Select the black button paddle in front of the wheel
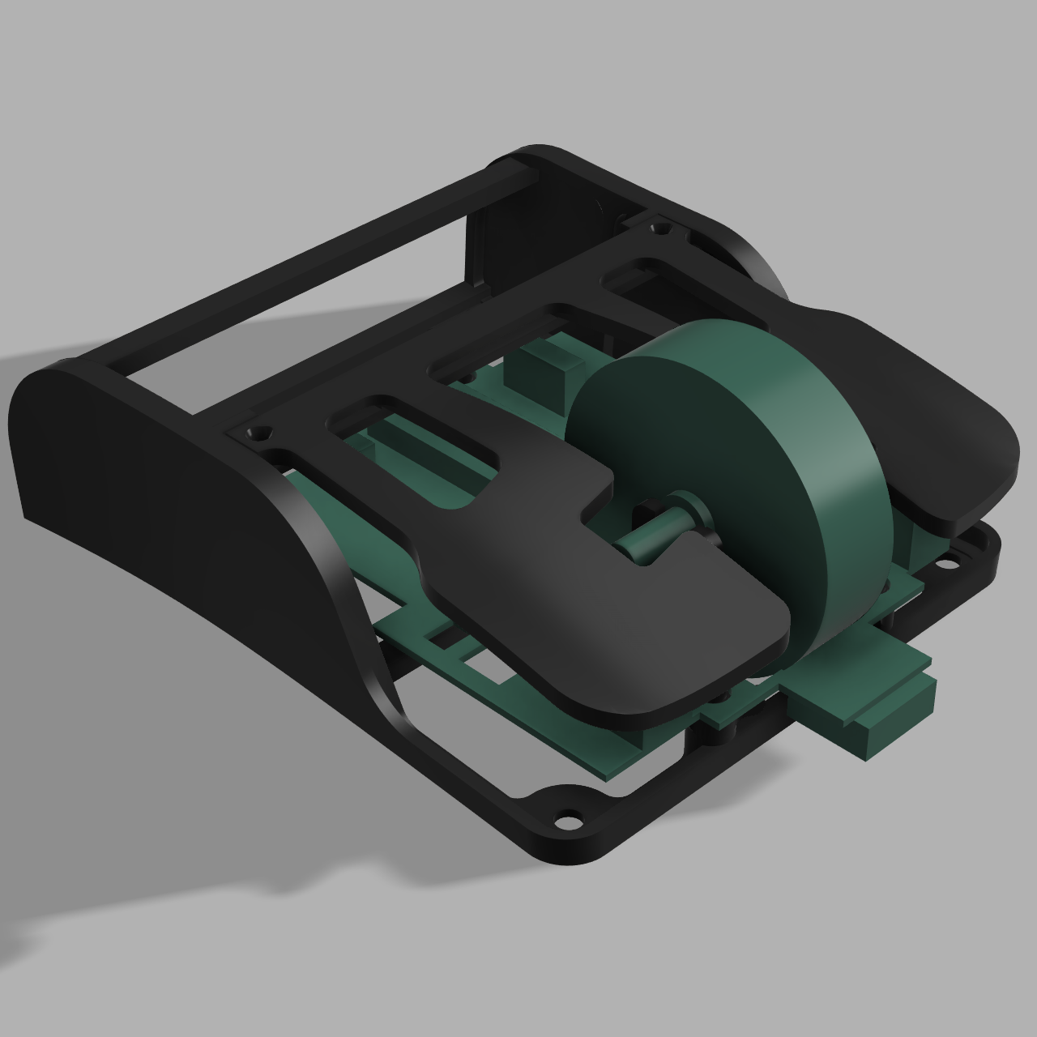point(616,632)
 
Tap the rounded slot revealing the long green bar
point(405,429)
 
